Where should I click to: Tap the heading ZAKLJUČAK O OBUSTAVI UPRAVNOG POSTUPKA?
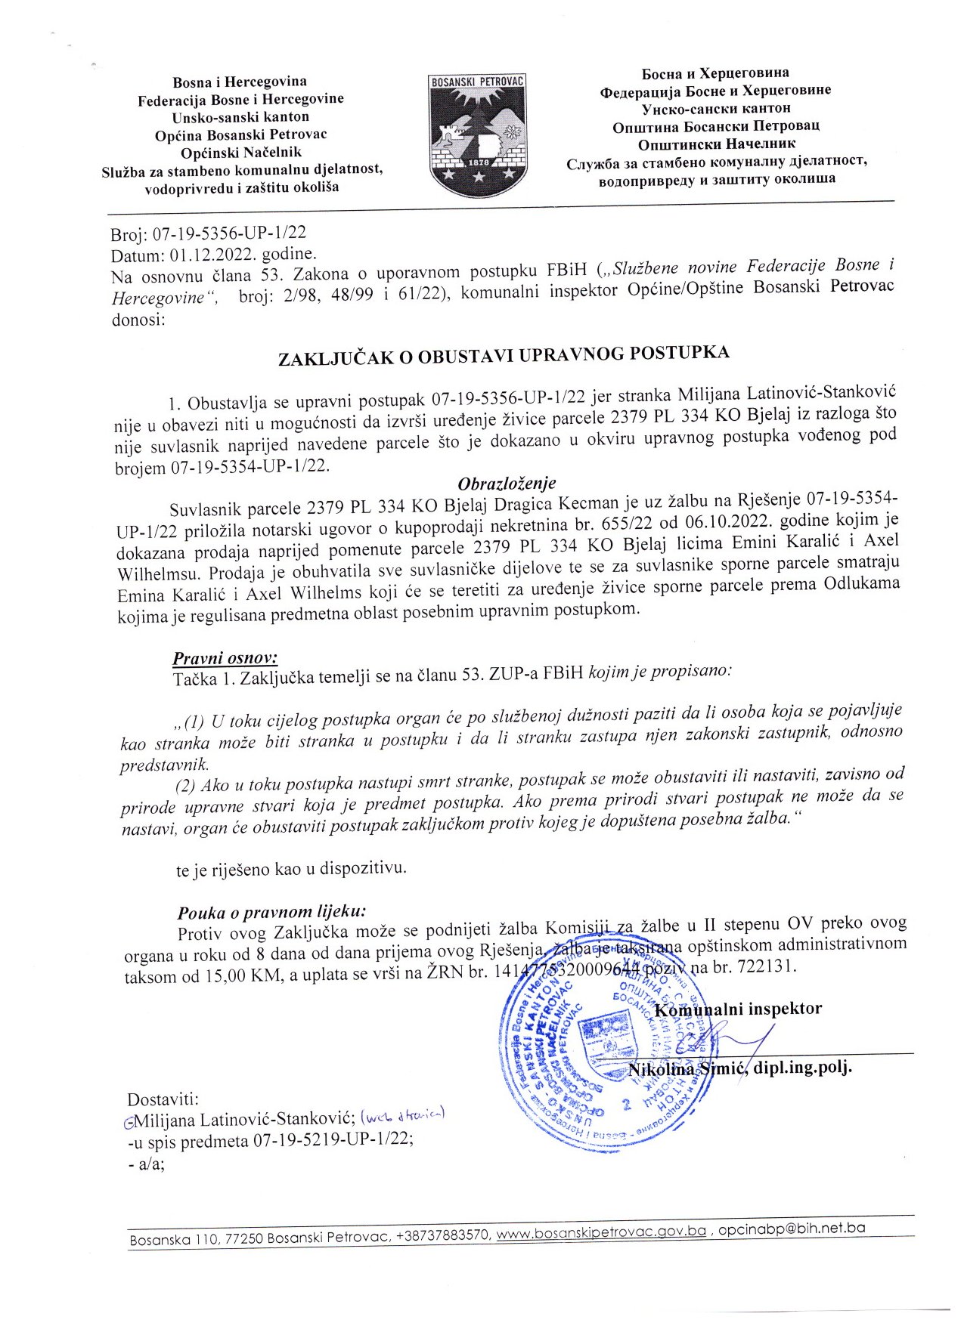click(x=504, y=355)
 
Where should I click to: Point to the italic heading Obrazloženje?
click(x=507, y=484)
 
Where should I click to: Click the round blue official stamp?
click(x=605, y=1058)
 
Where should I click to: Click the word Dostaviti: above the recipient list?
click(x=163, y=1099)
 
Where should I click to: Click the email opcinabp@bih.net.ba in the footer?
click(x=791, y=1229)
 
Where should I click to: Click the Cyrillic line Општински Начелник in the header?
click(x=717, y=144)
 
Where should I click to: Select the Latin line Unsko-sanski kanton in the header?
click(x=240, y=117)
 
